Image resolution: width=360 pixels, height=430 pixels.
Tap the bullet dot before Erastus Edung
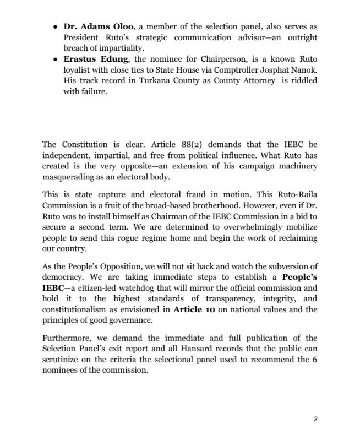(x=55, y=58)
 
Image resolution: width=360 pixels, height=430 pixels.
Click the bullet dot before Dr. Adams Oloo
(x=55, y=27)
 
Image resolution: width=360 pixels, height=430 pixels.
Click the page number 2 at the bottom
(x=315, y=418)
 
